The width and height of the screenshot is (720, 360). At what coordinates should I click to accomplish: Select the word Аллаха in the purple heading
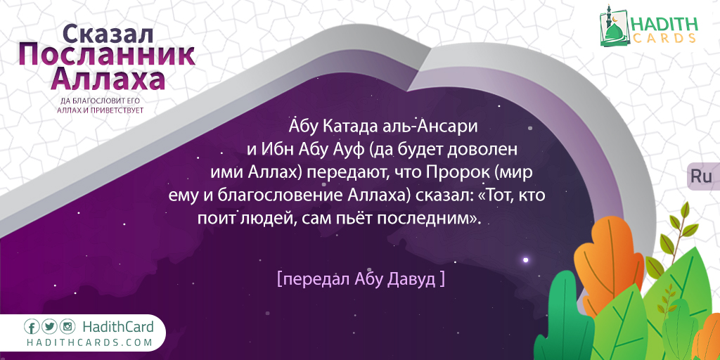tap(108, 79)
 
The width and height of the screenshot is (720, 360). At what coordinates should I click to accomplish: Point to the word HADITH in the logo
tap(665, 24)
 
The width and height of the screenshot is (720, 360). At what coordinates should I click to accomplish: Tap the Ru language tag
tap(701, 176)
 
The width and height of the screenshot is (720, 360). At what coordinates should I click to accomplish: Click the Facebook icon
tap(32, 327)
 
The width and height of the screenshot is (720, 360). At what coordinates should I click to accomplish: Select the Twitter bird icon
tap(49, 327)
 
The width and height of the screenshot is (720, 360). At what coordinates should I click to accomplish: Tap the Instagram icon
tap(67, 327)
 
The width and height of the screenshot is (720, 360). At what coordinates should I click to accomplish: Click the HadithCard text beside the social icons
tap(118, 327)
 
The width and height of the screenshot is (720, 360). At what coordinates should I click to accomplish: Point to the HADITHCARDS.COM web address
tap(89, 342)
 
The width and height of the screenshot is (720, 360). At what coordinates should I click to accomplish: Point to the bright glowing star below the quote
tap(526, 260)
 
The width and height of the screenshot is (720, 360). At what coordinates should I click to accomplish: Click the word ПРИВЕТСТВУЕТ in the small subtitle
tap(120, 110)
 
